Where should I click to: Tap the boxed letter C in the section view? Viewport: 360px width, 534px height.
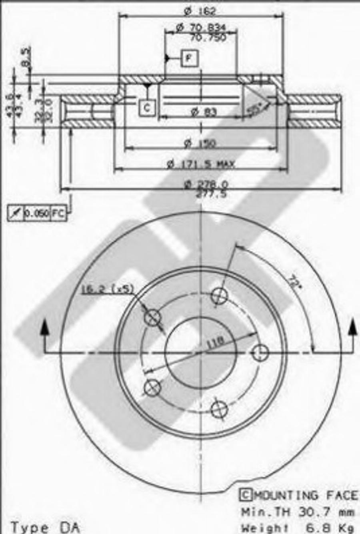pos(147,108)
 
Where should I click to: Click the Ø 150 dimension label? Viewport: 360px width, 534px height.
pos(200,143)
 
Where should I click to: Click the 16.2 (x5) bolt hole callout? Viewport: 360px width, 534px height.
pos(107,289)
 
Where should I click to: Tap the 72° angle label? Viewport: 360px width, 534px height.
pos(294,282)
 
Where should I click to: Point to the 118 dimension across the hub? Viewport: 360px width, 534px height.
pos(216,342)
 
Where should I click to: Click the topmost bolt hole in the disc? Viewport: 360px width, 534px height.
pos(219,296)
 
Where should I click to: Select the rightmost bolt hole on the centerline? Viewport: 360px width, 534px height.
pos(260,353)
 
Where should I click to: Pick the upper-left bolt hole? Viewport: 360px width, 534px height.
pos(152,318)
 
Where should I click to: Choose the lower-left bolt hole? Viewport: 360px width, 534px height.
pos(152,387)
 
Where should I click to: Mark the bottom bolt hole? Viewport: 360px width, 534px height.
pos(219,409)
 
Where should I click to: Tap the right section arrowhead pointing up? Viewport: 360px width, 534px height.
pos(353,328)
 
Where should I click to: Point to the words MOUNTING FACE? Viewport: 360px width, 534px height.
pos(306,495)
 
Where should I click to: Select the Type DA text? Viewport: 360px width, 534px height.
pos(45,527)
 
